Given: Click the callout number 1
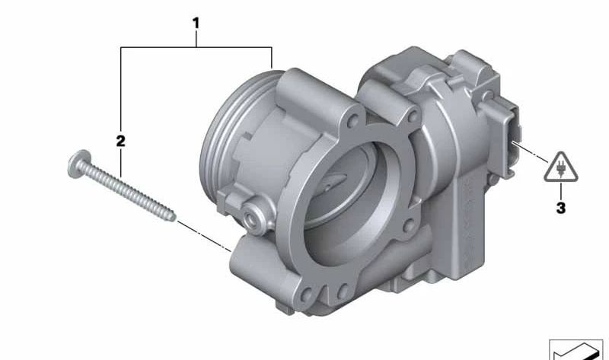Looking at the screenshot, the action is [x=196, y=24].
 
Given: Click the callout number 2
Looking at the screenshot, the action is [x=121, y=141].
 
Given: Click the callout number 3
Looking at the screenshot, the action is [x=561, y=208].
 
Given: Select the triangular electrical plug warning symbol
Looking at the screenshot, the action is [x=560, y=167].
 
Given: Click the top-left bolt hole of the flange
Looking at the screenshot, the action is [x=353, y=122].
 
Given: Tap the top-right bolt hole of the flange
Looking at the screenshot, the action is [x=413, y=116].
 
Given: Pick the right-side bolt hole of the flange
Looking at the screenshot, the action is [x=408, y=225].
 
